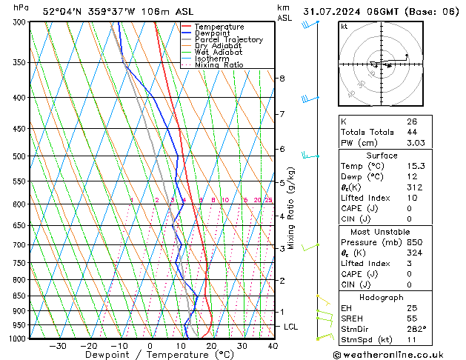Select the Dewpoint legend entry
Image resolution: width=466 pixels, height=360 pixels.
211,33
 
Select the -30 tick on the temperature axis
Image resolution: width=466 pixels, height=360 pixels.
58,345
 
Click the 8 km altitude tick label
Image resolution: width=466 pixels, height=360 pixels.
282,78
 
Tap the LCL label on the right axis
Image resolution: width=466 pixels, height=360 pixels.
291,327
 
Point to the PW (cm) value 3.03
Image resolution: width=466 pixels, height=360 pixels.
416,143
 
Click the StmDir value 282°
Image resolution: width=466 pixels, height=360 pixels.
415,330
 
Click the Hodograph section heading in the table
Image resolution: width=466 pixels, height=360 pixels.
382,297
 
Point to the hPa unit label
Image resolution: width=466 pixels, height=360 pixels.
21,7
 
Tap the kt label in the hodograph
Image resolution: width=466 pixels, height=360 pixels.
344,26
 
